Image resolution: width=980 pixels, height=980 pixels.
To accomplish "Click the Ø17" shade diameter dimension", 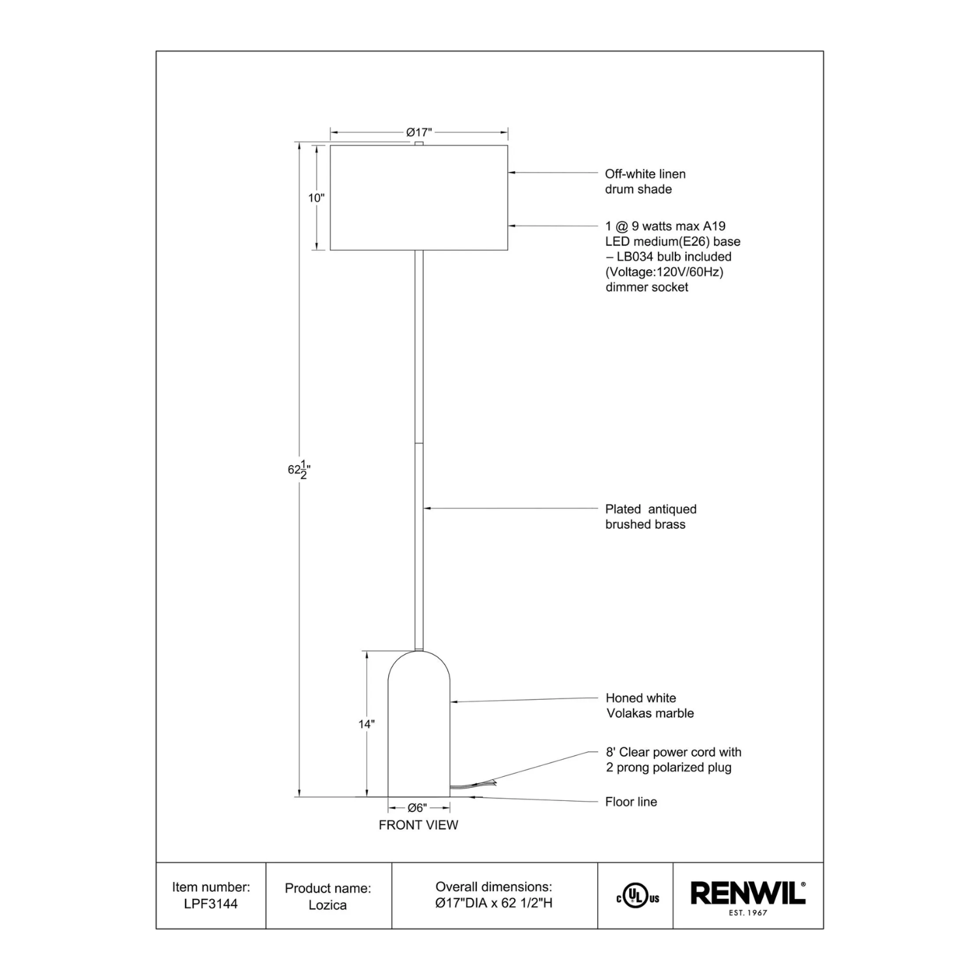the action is tap(419, 133).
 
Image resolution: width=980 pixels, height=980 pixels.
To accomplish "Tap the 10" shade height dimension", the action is tap(316, 197).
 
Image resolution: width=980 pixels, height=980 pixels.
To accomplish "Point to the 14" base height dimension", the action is tap(367, 724).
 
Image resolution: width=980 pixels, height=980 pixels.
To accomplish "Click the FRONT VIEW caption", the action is tap(418, 825).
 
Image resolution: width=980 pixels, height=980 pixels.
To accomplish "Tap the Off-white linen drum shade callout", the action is tap(645, 182).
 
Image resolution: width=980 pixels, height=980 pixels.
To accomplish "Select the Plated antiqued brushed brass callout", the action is tap(651, 517).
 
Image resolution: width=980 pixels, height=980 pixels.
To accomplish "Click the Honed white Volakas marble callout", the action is tap(649, 706).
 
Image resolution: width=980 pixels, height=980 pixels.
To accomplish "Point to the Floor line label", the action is tap(631, 802).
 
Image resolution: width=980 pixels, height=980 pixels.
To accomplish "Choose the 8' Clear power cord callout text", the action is tap(674, 760).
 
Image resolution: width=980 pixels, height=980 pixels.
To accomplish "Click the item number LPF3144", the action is tap(211, 904).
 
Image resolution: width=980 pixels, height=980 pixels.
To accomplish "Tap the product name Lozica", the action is tap(327, 905).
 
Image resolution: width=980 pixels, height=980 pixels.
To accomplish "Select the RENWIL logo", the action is tap(747, 893).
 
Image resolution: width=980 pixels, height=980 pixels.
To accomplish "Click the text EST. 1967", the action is tap(748, 913).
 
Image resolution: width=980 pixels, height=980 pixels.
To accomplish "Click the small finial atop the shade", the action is tap(419, 143).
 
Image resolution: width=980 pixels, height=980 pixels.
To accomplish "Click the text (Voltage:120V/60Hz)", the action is tap(664, 272).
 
